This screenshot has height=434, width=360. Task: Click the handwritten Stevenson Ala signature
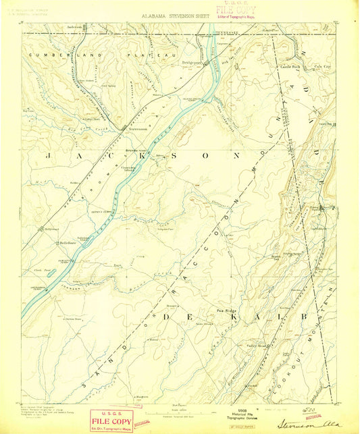[x=307, y=425]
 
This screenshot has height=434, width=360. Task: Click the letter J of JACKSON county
[x=49, y=155]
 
